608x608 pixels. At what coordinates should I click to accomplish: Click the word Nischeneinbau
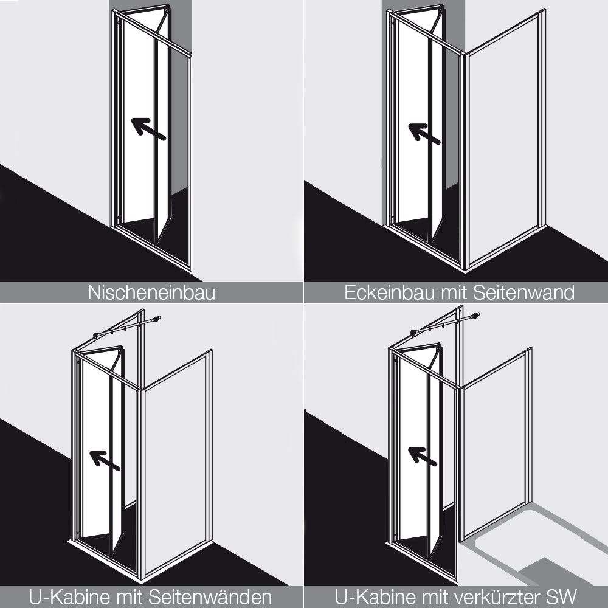click(151, 292)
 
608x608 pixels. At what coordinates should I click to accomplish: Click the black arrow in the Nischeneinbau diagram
click(148, 129)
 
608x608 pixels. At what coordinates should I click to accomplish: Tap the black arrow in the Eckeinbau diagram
click(424, 133)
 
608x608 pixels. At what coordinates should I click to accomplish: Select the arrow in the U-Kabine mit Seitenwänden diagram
click(105, 460)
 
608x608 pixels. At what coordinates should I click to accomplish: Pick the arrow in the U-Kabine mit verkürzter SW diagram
click(423, 457)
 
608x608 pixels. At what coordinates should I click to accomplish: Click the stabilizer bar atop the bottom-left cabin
click(127, 327)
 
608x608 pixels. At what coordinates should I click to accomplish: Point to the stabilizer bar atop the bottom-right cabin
click(445, 323)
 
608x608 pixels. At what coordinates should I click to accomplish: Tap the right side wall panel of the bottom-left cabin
click(176, 465)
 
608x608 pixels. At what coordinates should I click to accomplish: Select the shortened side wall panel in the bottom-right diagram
click(496, 444)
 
